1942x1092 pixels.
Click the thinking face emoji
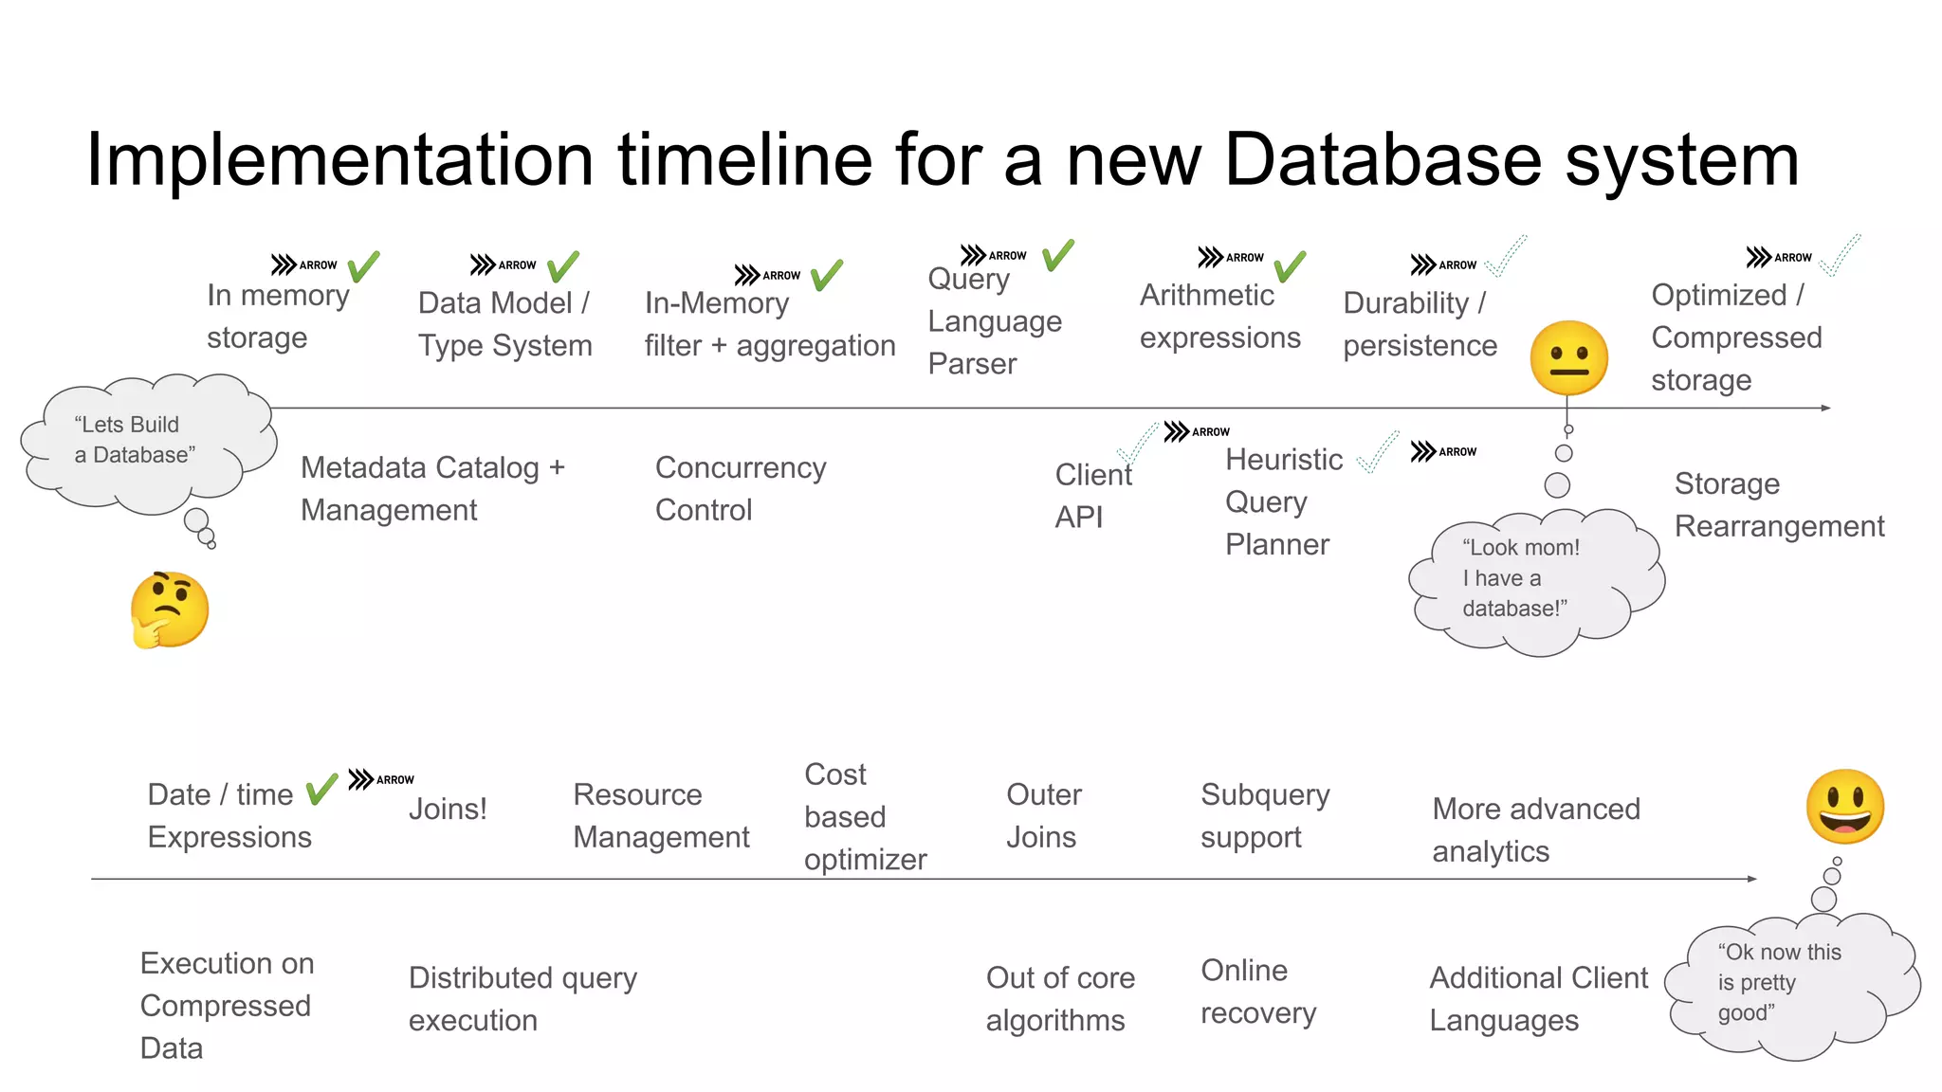170,610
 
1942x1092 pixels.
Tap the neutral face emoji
1568,358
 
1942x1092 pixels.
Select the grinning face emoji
1844,807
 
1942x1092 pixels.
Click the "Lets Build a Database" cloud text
135,440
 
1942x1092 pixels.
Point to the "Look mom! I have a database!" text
1520,578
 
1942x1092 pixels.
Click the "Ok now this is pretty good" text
1778,982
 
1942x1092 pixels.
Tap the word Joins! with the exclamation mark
448,809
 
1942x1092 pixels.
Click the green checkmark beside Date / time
322,789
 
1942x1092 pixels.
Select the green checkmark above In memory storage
363,266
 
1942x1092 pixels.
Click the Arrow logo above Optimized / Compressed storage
1778,257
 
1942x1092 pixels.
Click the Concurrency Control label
741,488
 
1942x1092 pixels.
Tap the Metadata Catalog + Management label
432,488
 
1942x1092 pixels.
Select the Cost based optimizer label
864,816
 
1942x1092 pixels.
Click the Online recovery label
1257,992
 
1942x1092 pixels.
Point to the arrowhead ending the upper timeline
1825,408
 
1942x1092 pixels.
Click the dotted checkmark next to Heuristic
1378,453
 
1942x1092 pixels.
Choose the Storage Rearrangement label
1778,504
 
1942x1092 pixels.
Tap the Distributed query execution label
522,998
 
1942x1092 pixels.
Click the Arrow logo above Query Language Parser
993,255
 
